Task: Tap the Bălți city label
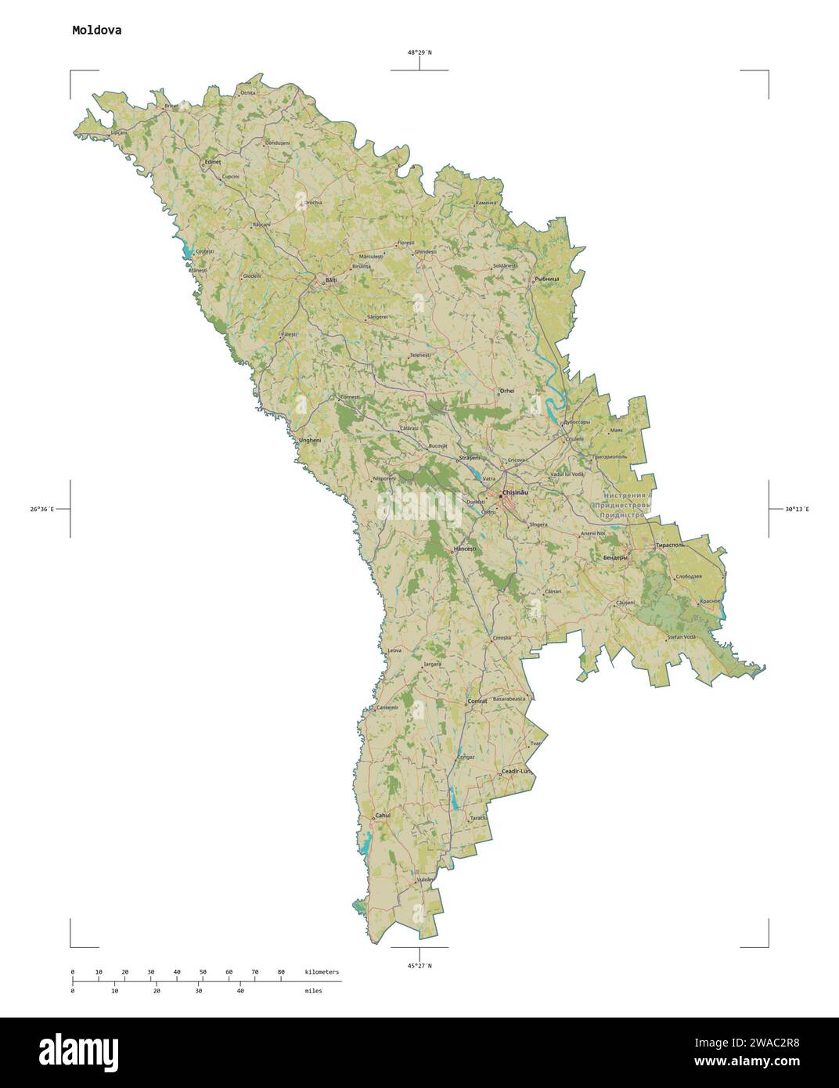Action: [x=331, y=279]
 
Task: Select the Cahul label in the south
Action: [x=383, y=815]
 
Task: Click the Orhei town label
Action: [x=507, y=391]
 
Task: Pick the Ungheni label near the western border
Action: [x=310, y=440]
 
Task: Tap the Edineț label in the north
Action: [x=213, y=162]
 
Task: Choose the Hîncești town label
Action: [x=465, y=549]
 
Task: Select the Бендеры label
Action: [x=616, y=557]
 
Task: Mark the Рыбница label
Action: [x=546, y=279]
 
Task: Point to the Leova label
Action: [x=394, y=650]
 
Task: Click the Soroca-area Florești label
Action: [x=405, y=243]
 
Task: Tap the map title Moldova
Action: [x=96, y=31]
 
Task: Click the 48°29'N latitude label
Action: [x=419, y=52]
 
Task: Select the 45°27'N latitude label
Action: [x=419, y=966]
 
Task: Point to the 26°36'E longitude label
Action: [x=42, y=509]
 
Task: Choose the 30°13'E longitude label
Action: [x=797, y=509]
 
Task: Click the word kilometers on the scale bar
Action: [x=322, y=971]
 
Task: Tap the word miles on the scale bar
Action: [x=313, y=990]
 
